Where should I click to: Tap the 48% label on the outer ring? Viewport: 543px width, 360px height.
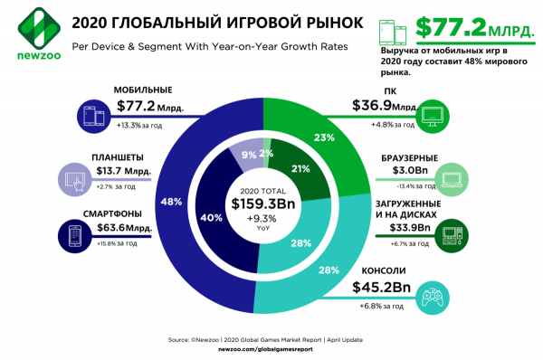click(x=167, y=202)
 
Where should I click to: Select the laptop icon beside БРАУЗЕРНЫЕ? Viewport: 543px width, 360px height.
click(x=448, y=176)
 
